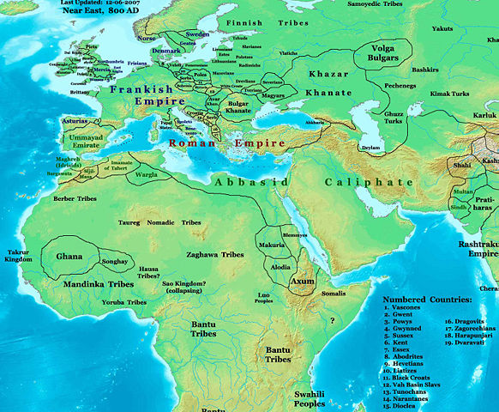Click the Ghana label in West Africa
(69, 257)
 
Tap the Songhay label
(114, 260)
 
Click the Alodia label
(281, 267)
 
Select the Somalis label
(334, 294)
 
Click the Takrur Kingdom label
(18, 254)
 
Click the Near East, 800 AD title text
(84, 12)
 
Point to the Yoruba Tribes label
(125, 302)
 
